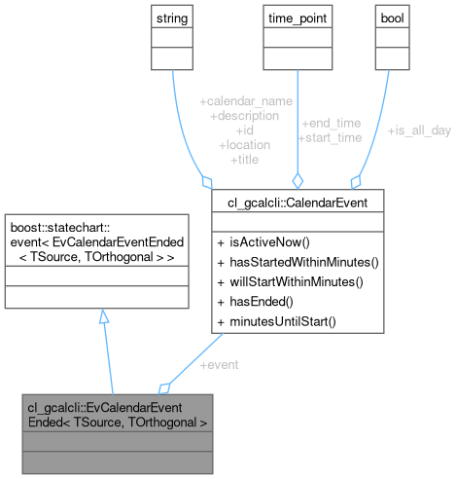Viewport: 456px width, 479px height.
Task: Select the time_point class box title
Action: click(x=298, y=18)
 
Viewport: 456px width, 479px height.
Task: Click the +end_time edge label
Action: click(x=331, y=124)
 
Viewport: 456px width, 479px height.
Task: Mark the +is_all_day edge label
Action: click(x=418, y=129)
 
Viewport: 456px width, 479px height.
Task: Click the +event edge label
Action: click(x=221, y=365)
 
